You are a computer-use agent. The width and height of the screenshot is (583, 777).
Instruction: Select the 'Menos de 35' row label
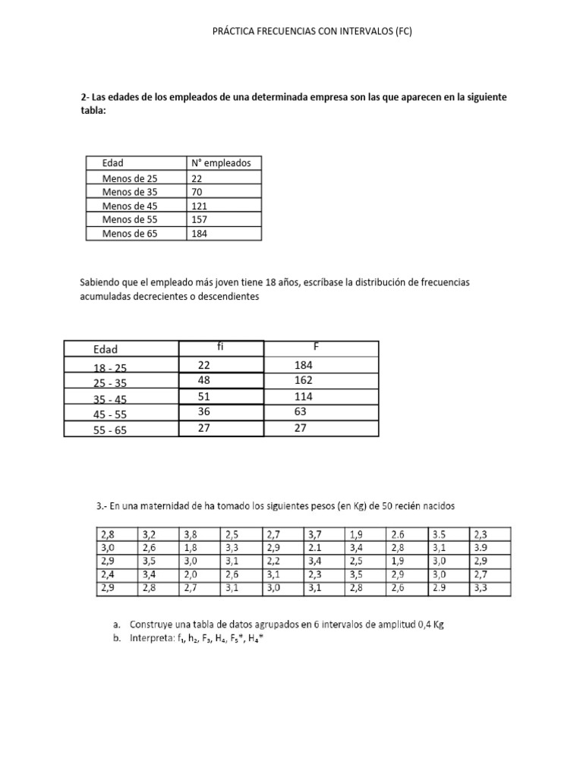pyautogui.click(x=130, y=192)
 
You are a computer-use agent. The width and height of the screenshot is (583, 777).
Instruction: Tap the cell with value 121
pyautogui.click(x=200, y=206)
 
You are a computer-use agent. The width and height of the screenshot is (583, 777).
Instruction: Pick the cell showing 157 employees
pyautogui.click(x=200, y=220)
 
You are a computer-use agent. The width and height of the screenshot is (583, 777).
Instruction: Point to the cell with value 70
pyautogui.click(x=197, y=192)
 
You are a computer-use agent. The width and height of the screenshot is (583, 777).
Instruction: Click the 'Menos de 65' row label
pyautogui.click(x=130, y=234)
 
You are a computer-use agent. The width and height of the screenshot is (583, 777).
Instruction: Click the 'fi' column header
pyautogui.click(x=220, y=348)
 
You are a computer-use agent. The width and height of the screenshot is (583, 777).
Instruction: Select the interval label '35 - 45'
pyautogui.click(x=110, y=398)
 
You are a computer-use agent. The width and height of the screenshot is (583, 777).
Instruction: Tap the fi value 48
pyautogui.click(x=203, y=381)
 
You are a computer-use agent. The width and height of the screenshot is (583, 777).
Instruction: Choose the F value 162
pyautogui.click(x=304, y=381)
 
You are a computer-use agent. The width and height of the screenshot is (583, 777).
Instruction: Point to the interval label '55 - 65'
pyautogui.click(x=110, y=430)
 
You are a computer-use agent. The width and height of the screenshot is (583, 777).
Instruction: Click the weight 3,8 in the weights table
pyautogui.click(x=190, y=533)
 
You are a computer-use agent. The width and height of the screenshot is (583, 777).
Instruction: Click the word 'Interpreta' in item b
pyautogui.click(x=151, y=640)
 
